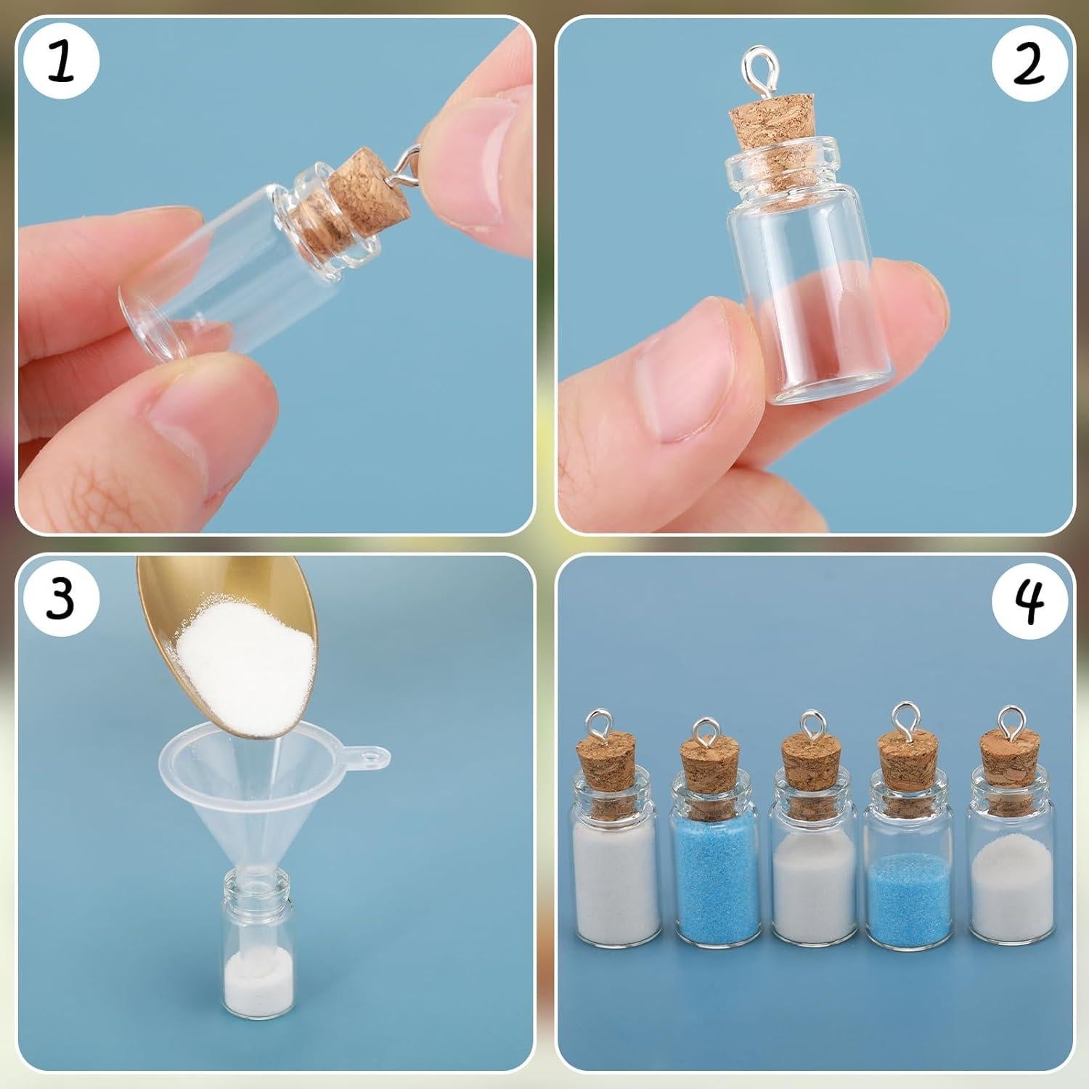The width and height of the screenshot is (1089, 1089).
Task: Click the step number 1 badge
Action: (x=61, y=62)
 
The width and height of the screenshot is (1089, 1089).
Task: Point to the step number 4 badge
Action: (x=1029, y=599)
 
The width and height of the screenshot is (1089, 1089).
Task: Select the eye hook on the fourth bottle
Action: (x=906, y=719)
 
